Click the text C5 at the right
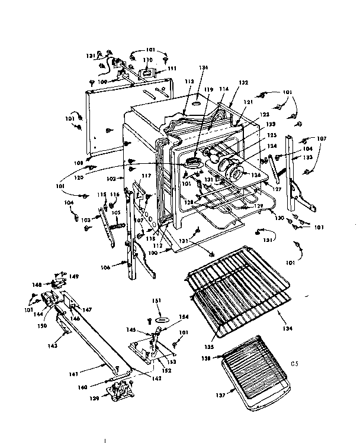[294, 363]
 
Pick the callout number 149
[74, 276]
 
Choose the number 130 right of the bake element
[278, 217]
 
